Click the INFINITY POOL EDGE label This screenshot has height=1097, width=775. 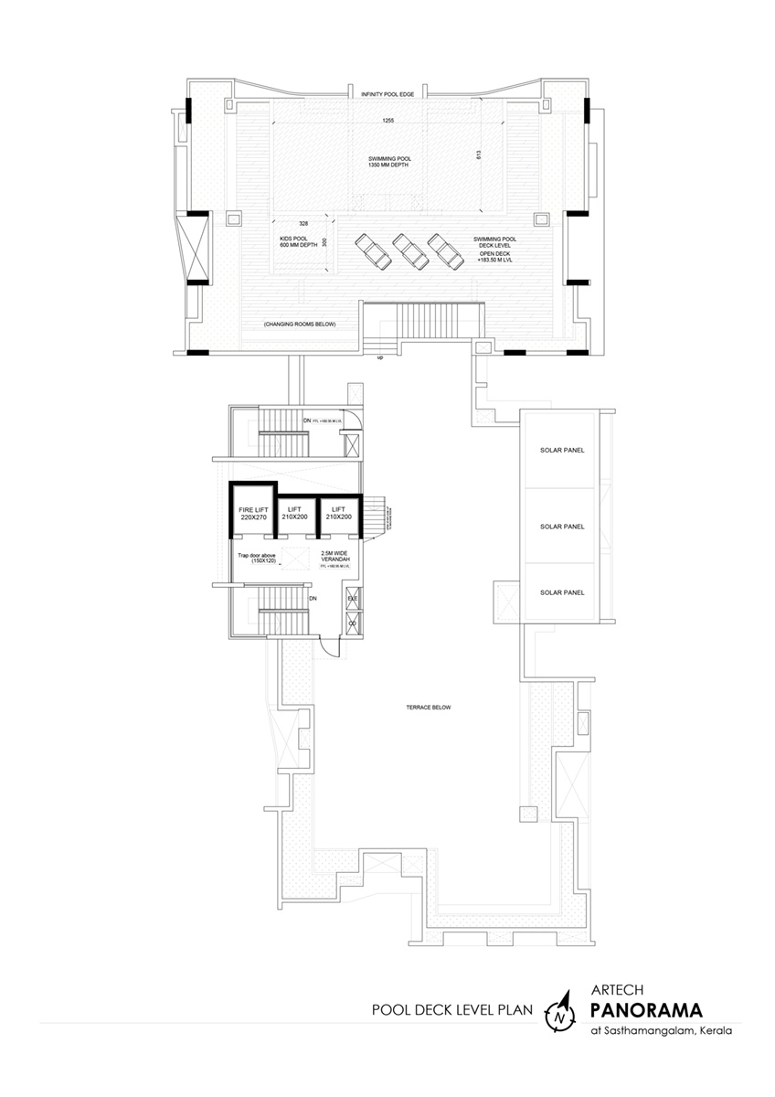387,94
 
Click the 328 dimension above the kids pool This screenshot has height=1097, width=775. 301,222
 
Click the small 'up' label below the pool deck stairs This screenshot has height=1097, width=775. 379,357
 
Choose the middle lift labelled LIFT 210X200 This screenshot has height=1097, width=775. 294,514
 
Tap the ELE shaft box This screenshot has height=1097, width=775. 352,600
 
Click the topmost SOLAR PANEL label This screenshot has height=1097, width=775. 562,451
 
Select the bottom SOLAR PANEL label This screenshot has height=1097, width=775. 562,593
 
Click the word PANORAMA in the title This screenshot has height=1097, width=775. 647,1010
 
